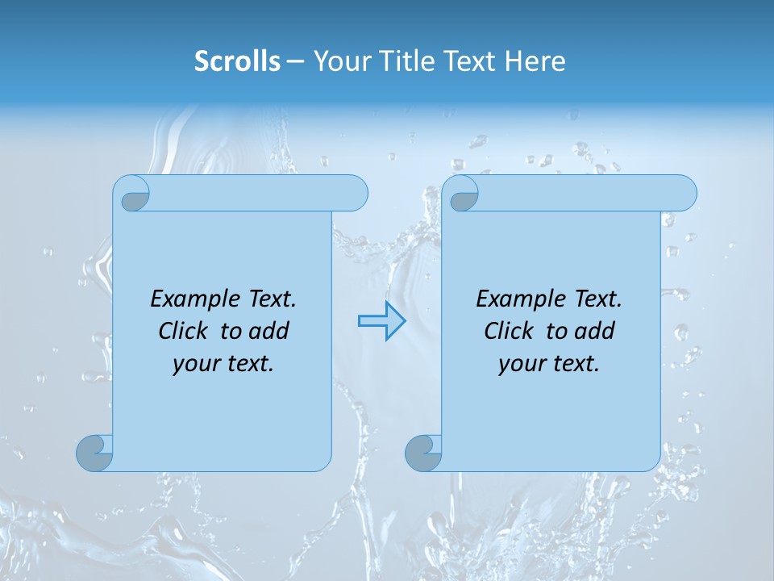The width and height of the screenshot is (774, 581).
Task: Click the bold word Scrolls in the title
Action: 237,61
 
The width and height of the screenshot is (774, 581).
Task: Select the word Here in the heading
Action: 535,61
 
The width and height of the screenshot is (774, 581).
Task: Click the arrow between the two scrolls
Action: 382,321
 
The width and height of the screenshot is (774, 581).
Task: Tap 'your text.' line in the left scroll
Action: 223,364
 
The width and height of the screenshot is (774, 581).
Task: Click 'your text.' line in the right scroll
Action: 549,364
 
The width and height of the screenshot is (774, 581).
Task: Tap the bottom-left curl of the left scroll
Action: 94,453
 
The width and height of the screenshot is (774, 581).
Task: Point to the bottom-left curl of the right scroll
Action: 423,453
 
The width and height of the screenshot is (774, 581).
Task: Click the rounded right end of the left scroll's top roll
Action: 355,193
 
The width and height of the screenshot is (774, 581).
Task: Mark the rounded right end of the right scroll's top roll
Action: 684,193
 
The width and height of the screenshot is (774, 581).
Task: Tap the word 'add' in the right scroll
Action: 595,331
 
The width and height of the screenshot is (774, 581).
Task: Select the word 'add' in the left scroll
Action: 269,331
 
